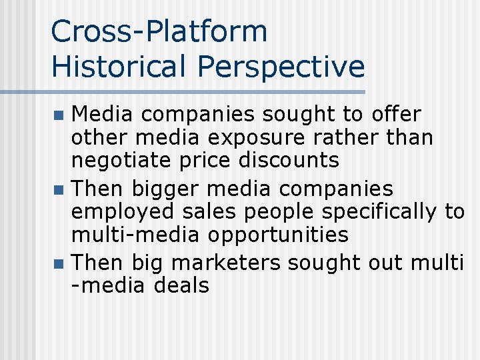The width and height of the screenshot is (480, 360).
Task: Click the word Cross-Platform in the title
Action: pos(159,32)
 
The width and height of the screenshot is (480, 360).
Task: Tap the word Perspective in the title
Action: pos(281,67)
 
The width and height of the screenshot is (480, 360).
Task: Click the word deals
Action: pos(181,286)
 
